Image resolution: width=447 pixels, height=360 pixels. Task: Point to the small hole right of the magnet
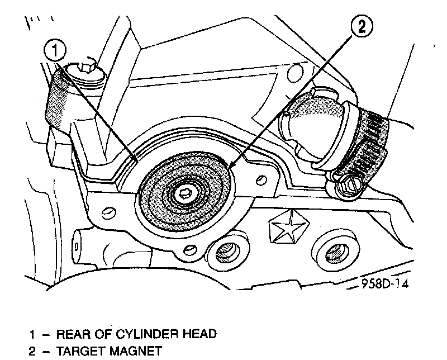pos(260,179)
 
